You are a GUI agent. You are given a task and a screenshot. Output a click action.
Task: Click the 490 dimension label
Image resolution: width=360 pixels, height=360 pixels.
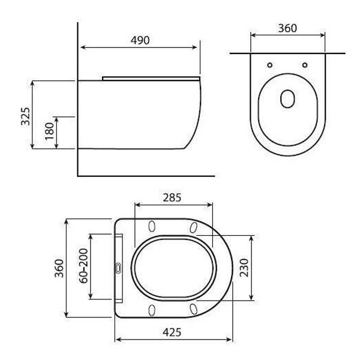click(140, 40)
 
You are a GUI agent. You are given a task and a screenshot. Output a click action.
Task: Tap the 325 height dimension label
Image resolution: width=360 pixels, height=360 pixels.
click(25, 116)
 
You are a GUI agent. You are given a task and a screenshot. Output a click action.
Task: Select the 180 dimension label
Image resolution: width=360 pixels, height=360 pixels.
click(49, 131)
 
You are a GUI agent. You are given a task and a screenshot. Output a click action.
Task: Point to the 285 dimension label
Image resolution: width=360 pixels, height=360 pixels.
click(172, 197)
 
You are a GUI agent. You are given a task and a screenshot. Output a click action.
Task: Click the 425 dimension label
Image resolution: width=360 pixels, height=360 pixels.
click(172, 332)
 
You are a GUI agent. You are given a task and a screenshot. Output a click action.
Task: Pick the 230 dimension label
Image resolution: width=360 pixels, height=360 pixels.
click(244, 268)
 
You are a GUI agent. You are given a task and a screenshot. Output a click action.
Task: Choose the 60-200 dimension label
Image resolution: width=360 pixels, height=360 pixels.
click(83, 266)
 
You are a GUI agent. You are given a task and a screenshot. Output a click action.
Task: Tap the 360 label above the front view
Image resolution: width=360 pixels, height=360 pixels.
click(287, 28)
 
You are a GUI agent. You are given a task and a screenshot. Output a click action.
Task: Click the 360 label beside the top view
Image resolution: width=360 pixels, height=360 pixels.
click(59, 268)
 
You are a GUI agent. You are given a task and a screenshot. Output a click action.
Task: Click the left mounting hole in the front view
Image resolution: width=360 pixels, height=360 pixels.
click(270, 65)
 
